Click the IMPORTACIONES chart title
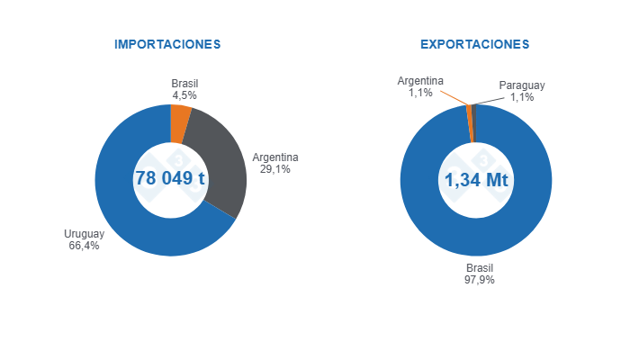click(x=167, y=44)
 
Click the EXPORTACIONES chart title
click(x=474, y=44)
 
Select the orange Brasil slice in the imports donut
click(x=180, y=124)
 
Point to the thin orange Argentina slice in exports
click(x=470, y=123)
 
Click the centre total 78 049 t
click(x=170, y=178)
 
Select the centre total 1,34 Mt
click(x=476, y=179)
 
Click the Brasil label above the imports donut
click(x=184, y=83)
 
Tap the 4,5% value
click(x=184, y=94)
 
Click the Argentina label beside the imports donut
click(x=275, y=157)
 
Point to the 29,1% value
click(x=275, y=169)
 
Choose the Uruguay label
click(x=84, y=234)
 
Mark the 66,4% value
click(x=84, y=246)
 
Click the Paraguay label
click(x=522, y=85)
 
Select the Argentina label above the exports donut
click(x=420, y=81)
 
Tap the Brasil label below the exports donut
click(x=480, y=267)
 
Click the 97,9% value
click(x=480, y=279)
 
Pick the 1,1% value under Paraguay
click(x=522, y=97)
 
